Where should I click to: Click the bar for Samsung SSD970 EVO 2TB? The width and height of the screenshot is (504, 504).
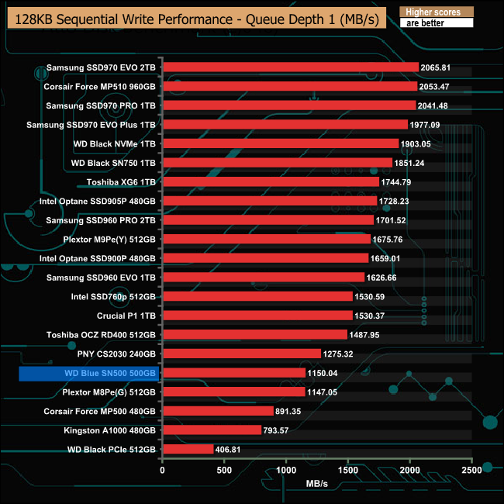[x=290, y=67]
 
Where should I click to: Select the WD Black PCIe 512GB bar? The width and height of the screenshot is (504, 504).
[x=188, y=449]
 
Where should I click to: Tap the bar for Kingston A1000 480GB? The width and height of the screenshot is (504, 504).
[x=212, y=430]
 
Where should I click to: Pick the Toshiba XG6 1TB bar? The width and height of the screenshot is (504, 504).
[x=271, y=181]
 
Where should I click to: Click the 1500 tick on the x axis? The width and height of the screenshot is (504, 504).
[x=348, y=470]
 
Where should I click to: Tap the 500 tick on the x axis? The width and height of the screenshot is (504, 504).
[x=224, y=470]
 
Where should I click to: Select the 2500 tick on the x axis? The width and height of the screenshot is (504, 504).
[x=471, y=470]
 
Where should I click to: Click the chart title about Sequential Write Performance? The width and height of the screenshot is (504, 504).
[x=195, y=19]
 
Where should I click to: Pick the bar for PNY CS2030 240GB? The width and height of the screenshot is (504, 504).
[x=241, y=354]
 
